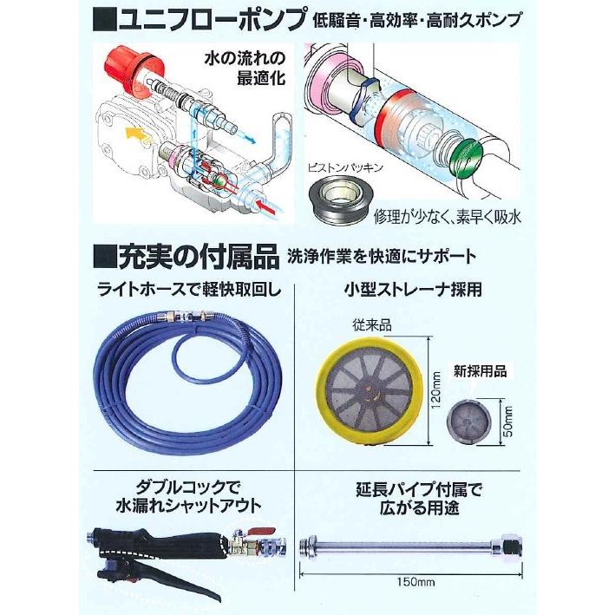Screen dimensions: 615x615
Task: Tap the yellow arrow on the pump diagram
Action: click(135, 132)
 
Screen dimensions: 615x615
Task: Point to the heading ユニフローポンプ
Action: click(213, 18)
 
